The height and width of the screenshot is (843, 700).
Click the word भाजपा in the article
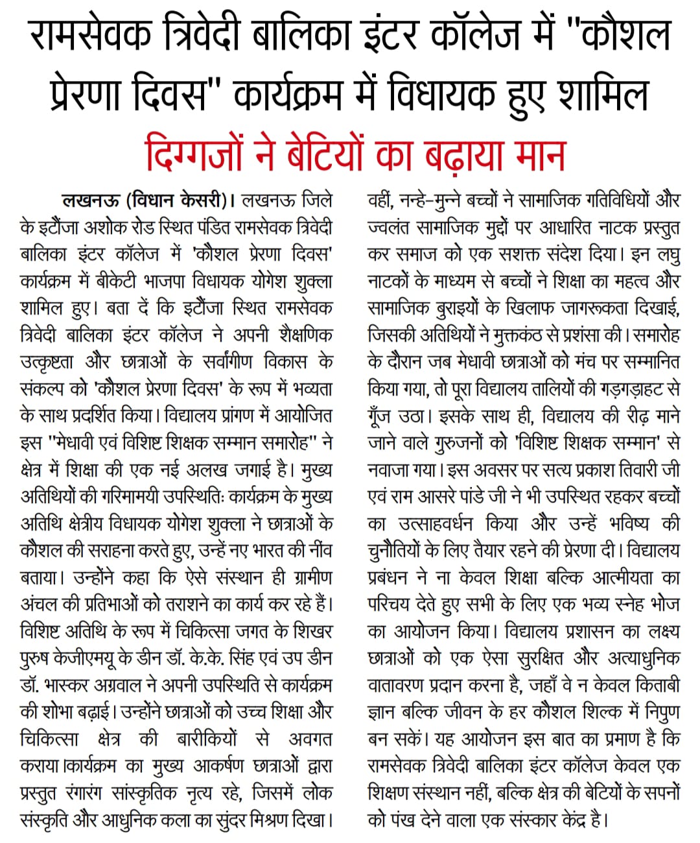coord(184,281)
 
